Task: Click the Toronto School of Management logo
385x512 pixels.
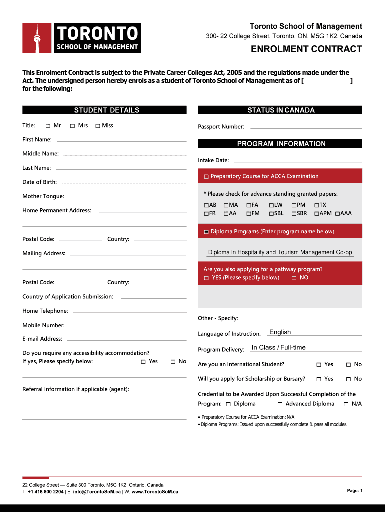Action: point(82,38)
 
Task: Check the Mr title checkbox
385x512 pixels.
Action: point(48,126)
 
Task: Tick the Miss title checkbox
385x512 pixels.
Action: point(98,126)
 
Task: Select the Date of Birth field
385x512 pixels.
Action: point(123,183)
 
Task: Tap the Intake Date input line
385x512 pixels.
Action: point(298,161)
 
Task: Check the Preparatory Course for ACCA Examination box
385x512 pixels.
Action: point(206,177)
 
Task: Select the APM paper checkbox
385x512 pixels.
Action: point(316,214)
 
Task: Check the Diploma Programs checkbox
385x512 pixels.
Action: point(206,232)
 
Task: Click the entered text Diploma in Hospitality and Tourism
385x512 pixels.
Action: point(280,252)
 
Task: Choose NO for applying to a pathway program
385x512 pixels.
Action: point(294,278)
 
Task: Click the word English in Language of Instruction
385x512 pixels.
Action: point(280,332)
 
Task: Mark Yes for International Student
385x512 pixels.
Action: point(319,365)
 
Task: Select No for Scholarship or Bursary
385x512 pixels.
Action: point(348,379)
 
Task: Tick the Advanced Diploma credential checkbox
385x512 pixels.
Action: point(280,404)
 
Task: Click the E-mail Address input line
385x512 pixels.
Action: point(126,340)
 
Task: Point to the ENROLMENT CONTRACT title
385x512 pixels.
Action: point(306,49)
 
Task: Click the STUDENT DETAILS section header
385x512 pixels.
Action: point(107,110)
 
